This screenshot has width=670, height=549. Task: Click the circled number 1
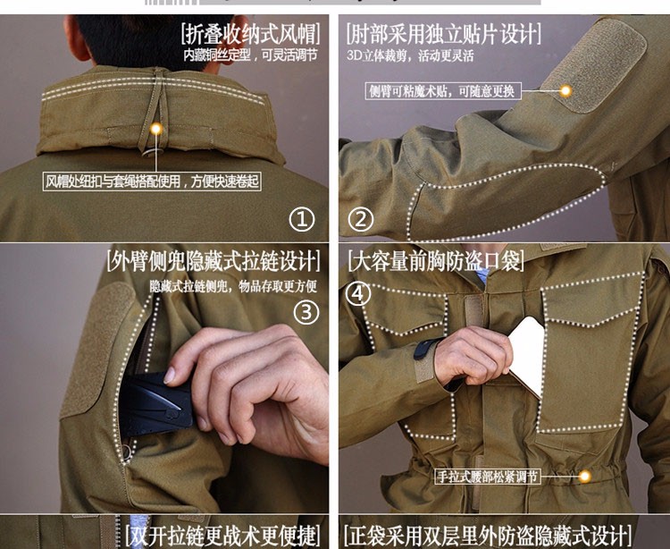coord(302,220)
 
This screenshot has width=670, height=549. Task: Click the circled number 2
coord(361,220)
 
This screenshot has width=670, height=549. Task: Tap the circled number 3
coord(306,312)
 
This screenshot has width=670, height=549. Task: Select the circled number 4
coord(358,294)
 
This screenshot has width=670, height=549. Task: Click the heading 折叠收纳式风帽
coord(250,34)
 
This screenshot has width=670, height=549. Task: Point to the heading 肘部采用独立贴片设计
coord(443,34)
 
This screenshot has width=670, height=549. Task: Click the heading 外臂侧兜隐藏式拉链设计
coord(214,260)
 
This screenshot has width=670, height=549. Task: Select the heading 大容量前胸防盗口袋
coord(435,260)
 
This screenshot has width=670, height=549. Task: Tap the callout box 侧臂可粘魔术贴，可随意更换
coord(443,91)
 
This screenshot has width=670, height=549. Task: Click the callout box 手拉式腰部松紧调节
coord(488,477)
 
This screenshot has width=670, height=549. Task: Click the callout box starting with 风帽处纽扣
coord(152,182)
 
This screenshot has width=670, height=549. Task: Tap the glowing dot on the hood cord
coord(156,128)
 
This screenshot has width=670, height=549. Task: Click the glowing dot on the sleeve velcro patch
coord(565,90)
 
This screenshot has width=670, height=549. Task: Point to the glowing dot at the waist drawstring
coord(584,477)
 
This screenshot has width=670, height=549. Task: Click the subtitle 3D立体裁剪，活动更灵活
coord(410,56)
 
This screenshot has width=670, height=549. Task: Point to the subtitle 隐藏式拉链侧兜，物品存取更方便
coord(233,286)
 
